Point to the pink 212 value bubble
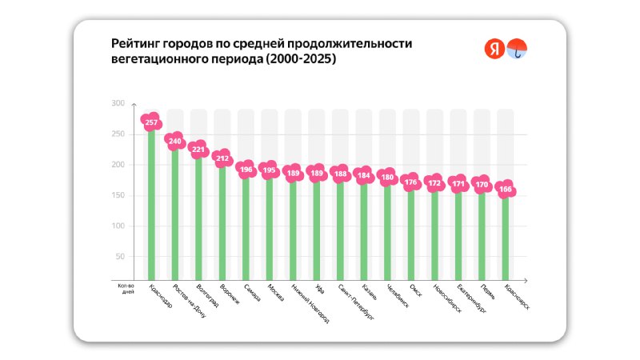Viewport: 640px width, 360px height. point(222,158)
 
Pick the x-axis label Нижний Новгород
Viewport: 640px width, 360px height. point(309,303)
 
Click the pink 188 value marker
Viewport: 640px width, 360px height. point(340,174)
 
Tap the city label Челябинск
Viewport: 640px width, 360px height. point(397,297)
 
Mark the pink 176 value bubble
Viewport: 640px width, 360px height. point(410,182)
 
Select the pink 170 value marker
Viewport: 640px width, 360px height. point(482,185)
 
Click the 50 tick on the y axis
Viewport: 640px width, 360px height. point(119,257)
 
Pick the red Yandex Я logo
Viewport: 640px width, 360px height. point(494,49)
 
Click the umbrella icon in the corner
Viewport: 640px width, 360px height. point(518,49)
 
